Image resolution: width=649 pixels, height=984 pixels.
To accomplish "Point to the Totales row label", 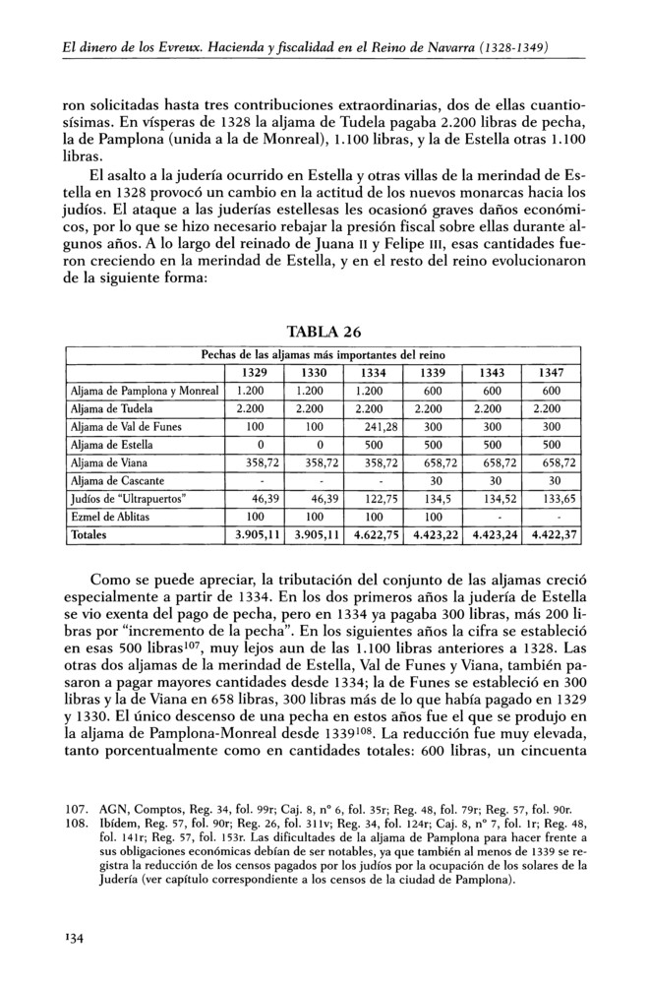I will point(88,534).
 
